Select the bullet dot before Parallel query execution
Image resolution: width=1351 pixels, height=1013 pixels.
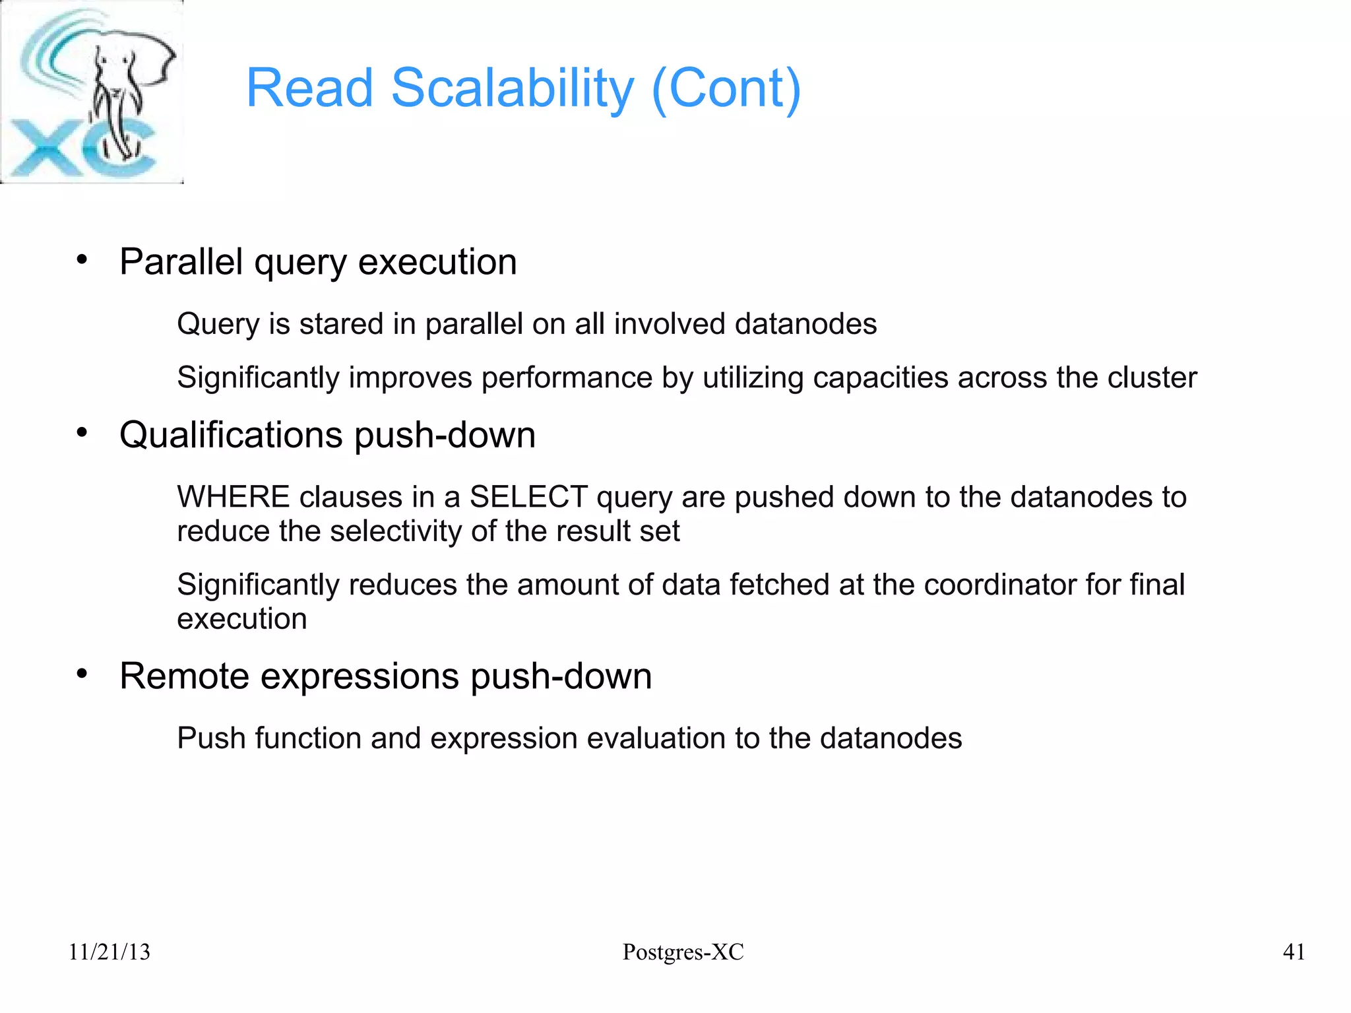(x=82, y=259)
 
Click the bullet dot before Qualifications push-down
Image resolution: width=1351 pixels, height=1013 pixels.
(x=82, y=433)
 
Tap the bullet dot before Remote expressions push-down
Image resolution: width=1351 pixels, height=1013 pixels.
(x=82, y=674)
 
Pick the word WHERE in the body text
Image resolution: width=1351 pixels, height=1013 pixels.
(x=234, y=496)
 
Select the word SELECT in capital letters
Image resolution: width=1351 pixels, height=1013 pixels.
(x=528, y=496)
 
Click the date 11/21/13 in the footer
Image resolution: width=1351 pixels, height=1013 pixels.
(x=110, y=952)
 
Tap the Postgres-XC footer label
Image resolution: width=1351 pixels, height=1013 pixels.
(x=683, y=952)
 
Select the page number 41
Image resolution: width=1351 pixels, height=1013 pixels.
(x=1294, y=952)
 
